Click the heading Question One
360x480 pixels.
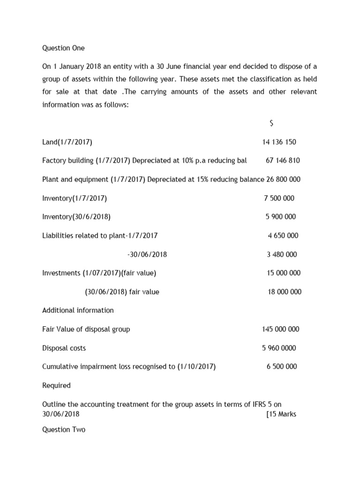point(63,48)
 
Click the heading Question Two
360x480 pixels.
point(64,429)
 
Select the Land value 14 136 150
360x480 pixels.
point(279,142)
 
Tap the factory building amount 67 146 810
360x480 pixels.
point(283,161)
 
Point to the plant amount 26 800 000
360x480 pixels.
point(283,180)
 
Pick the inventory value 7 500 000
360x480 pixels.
point(279,198)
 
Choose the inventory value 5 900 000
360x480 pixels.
point(281,217)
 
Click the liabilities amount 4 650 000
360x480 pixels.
point(283,236)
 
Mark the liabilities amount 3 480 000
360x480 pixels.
point(282,255)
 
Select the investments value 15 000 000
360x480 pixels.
point(284,273)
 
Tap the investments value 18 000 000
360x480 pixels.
point(285,292)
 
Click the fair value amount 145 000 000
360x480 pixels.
point(280,329)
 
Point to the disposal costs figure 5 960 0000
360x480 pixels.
point(279,348)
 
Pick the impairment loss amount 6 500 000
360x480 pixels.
point(282,367)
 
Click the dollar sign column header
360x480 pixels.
point(271,123)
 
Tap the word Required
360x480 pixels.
point(56,385)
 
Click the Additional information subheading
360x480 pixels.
point(78,310)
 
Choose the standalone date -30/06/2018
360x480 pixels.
point(147,255)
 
